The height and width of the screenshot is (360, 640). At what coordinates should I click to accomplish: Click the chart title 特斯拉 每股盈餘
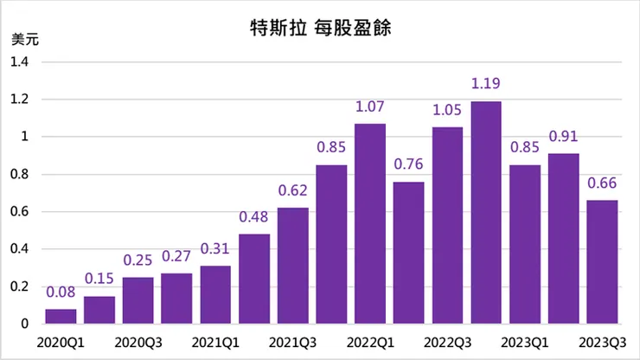coord(321,28)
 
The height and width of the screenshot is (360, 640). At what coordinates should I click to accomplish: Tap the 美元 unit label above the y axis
coord(25,39)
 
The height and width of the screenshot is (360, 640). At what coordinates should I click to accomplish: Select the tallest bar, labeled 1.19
coord(486,213)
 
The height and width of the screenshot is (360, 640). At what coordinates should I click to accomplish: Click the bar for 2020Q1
coord(61,316)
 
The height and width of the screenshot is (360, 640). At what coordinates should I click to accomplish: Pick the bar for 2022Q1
coord(370,224)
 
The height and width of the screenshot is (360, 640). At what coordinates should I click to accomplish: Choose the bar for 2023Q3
coord(603,262)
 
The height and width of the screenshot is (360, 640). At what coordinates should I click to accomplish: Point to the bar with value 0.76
coord(408,253)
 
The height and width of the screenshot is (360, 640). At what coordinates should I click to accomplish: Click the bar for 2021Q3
coord(292,266)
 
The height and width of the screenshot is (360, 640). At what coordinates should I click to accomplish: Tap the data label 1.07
coord(370,108)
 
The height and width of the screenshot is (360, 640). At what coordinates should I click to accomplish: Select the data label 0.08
coord(61,293)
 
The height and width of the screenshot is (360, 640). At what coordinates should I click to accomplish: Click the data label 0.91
coord(564,138)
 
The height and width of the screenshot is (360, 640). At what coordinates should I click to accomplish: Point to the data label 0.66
coord(603,184)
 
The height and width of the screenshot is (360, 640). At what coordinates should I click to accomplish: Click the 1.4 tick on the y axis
coord(20,62)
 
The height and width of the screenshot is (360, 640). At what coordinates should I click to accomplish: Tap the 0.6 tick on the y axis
coord(20,212)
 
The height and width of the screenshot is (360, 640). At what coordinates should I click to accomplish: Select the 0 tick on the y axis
coord(26,324)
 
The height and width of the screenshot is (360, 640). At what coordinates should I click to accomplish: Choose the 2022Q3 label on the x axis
coord(448,343)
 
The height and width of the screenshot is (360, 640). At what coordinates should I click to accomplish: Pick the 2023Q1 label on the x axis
coord(525,343)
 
